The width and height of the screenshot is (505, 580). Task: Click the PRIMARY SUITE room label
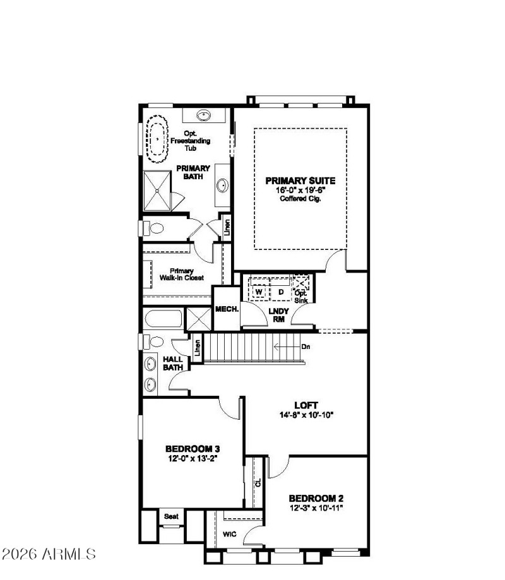click(300, 181)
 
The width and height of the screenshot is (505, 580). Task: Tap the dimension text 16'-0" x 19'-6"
click(300, 190)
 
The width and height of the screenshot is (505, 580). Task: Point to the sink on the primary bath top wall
click(205, 115)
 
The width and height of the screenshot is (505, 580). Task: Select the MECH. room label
click(226, 309)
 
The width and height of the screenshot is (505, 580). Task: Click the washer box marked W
click(258, 292)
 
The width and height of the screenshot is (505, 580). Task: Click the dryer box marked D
click(281, 292)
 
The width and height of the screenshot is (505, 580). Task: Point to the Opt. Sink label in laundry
click(300, 296)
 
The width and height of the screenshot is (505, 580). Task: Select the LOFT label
click(306, 405)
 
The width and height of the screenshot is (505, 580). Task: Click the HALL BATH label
click(172, 363)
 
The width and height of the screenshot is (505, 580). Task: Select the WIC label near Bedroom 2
click(230, 533)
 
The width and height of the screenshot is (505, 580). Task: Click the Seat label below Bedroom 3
click(172, 516)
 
